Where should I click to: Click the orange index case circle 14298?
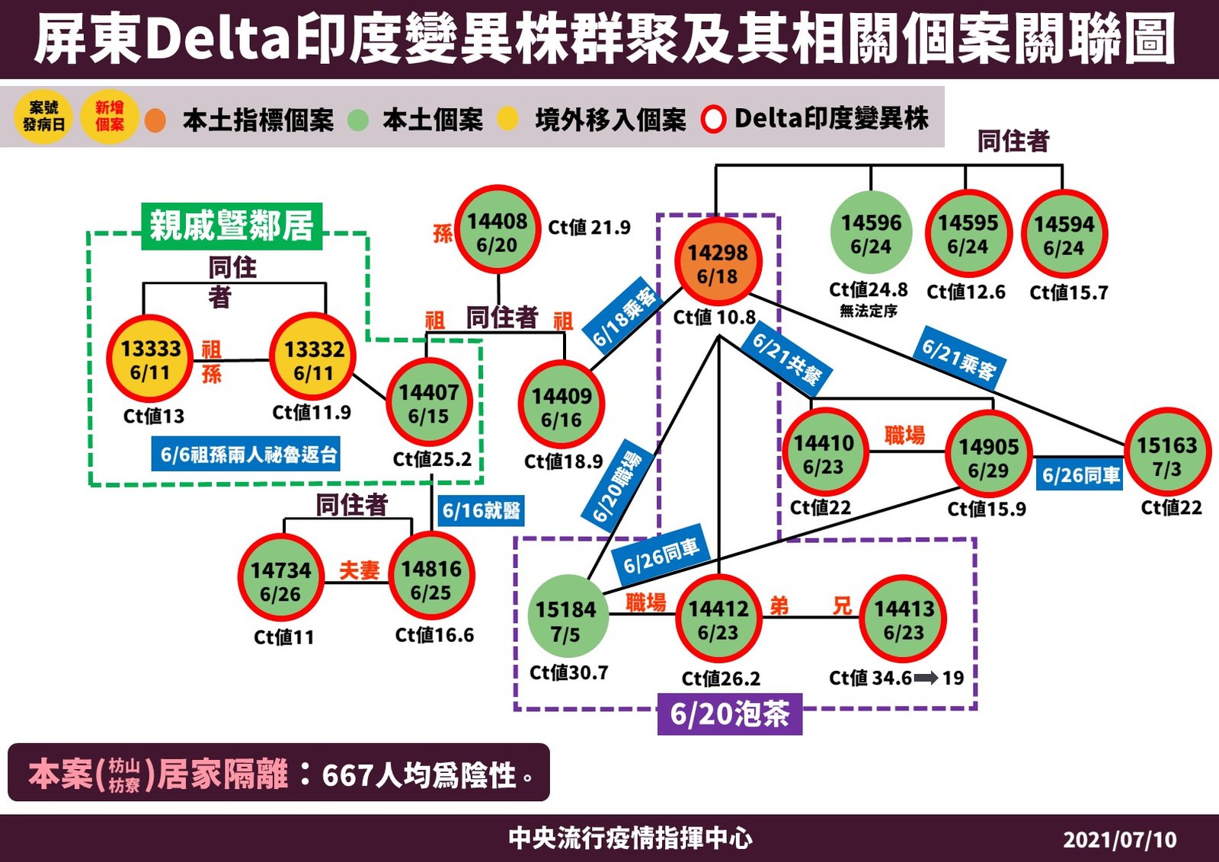pos(718,263)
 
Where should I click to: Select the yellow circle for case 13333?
pos(150,359)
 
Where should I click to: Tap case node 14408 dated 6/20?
pos(498,232)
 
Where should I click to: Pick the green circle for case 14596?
pos(871,234)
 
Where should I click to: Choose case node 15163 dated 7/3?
pos(1166,455)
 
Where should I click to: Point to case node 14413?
pos(904,620)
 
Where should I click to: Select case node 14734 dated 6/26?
pos(281,581)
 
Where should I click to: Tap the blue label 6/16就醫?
pos(482,509)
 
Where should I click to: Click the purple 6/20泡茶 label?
pos(729,714)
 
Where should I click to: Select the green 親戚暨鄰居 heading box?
pos(232,226)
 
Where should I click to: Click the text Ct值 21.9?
pos(589,228)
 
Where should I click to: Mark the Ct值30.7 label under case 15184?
pos(569,672)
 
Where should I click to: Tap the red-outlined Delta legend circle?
pos(713,120)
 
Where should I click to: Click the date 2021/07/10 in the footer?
pos(1119,839)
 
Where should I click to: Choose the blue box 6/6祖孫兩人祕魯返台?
pos(246,455)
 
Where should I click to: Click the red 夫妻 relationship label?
pos(359,570)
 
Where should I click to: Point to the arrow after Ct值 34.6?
pos(926,678)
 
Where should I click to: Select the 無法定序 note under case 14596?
pos(869,311)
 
